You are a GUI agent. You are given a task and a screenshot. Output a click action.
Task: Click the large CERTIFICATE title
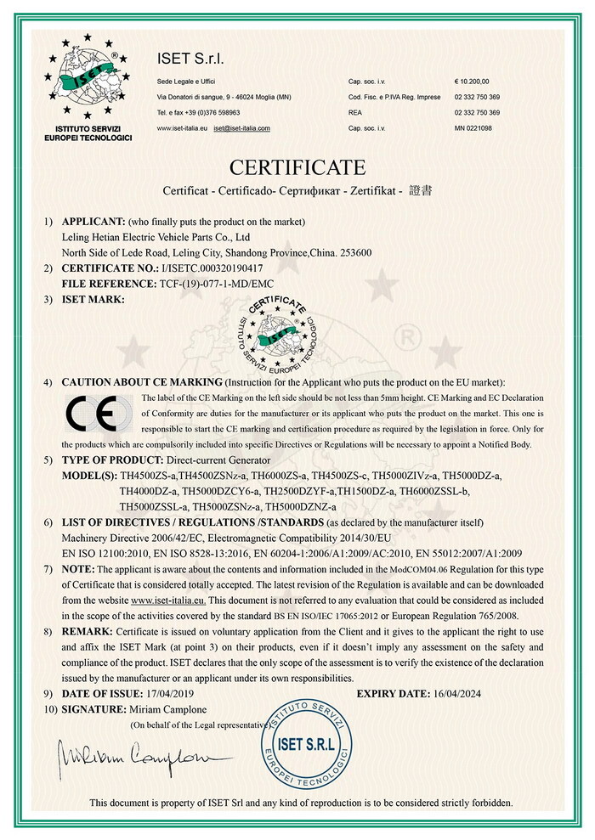coord(297,166)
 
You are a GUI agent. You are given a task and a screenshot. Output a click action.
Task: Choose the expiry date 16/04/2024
coord(466,694)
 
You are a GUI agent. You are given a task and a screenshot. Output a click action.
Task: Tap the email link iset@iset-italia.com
coord(241,127)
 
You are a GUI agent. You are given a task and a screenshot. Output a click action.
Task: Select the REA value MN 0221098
coord(473,127)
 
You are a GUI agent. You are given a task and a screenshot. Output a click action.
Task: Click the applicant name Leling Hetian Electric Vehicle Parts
coord(157,237)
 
